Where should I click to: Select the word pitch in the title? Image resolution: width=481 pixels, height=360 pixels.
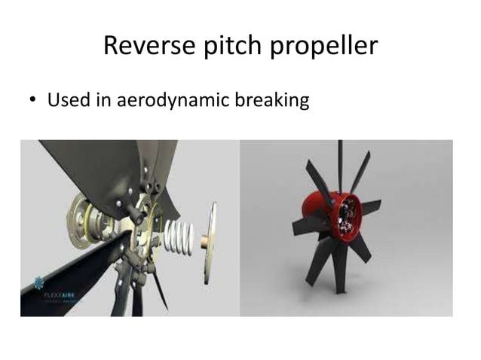click(x=228, y=47)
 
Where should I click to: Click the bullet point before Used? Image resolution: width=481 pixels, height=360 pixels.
click(x=34, y=101)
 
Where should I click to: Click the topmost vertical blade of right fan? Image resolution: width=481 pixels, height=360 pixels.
click(x=339, y=163)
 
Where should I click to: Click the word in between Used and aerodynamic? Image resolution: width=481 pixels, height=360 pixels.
click(x=103, y=99)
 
